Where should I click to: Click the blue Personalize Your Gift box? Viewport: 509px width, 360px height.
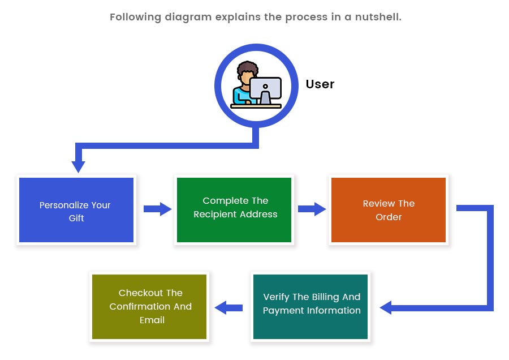76,210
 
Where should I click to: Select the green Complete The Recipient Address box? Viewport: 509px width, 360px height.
234,210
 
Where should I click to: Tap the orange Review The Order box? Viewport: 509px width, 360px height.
389,210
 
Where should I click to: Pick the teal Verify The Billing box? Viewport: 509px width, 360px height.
310,307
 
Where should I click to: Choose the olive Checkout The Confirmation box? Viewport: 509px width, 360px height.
149,307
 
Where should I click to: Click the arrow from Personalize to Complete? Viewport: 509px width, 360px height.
157,209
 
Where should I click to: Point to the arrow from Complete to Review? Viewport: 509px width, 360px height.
312,209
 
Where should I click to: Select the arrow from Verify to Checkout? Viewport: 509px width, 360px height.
228,307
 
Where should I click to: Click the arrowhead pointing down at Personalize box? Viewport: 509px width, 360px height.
78,167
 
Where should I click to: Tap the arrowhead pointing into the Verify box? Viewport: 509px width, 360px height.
386,307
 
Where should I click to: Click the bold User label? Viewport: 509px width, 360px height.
320,84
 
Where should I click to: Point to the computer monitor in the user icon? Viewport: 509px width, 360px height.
265,90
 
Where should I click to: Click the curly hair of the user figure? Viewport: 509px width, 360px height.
248,68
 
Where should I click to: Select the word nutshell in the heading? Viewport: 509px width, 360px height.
378,17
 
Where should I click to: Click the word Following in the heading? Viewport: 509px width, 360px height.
135,17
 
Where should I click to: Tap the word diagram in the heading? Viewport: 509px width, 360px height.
188,17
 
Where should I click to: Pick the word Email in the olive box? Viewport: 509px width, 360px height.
152,320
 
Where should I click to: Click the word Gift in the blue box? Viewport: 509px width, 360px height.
76,218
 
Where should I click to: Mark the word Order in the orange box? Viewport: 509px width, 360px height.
389,217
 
